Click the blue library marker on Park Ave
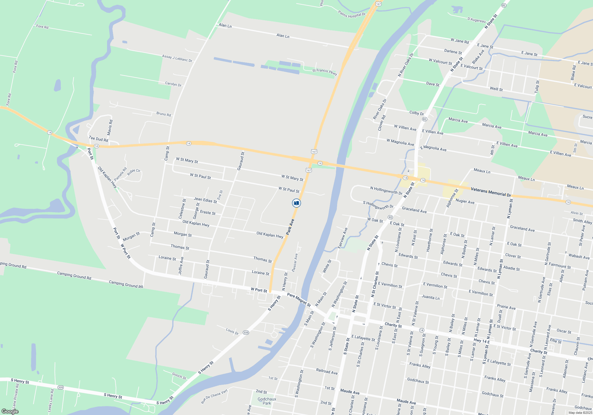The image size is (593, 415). coord(296,203)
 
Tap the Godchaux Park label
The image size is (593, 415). coord(267,401)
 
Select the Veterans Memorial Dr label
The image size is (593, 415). coord(491,192)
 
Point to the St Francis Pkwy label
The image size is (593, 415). coord(325,72)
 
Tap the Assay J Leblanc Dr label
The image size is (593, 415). coord(177,58)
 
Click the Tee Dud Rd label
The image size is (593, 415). coord(98,139)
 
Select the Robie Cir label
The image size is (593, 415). coord(134,172)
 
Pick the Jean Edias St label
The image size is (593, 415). coord(205,200)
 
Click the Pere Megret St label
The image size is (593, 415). coord(299,300)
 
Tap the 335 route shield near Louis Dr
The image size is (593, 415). coord(246,333)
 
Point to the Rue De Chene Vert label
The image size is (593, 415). coord(214,396)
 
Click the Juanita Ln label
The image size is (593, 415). coord(431,297)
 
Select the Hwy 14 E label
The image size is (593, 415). coord(482,341)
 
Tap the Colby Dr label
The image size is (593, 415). coord(417,113)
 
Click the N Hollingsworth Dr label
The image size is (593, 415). coord(386,190)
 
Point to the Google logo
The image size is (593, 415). coord(10,411)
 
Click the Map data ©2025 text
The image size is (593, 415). coord(580,413)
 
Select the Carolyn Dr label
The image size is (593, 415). coord(173,84)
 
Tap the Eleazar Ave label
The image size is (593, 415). coord(295,262)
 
